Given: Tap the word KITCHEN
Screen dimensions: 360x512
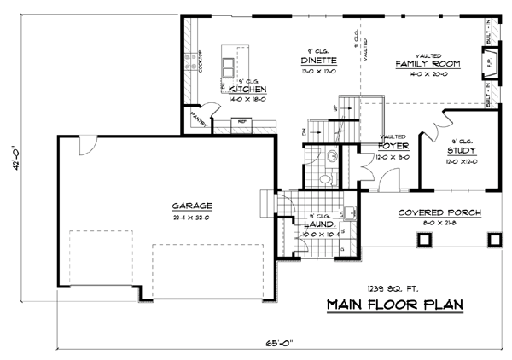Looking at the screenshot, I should click(249, 89).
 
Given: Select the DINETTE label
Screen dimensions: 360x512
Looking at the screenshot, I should click(318, 61).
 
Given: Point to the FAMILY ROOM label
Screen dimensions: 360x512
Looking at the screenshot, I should click(428, 63).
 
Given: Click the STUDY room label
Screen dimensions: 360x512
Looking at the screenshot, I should click(462, 151).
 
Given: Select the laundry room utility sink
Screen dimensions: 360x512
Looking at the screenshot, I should click(350, 212).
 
